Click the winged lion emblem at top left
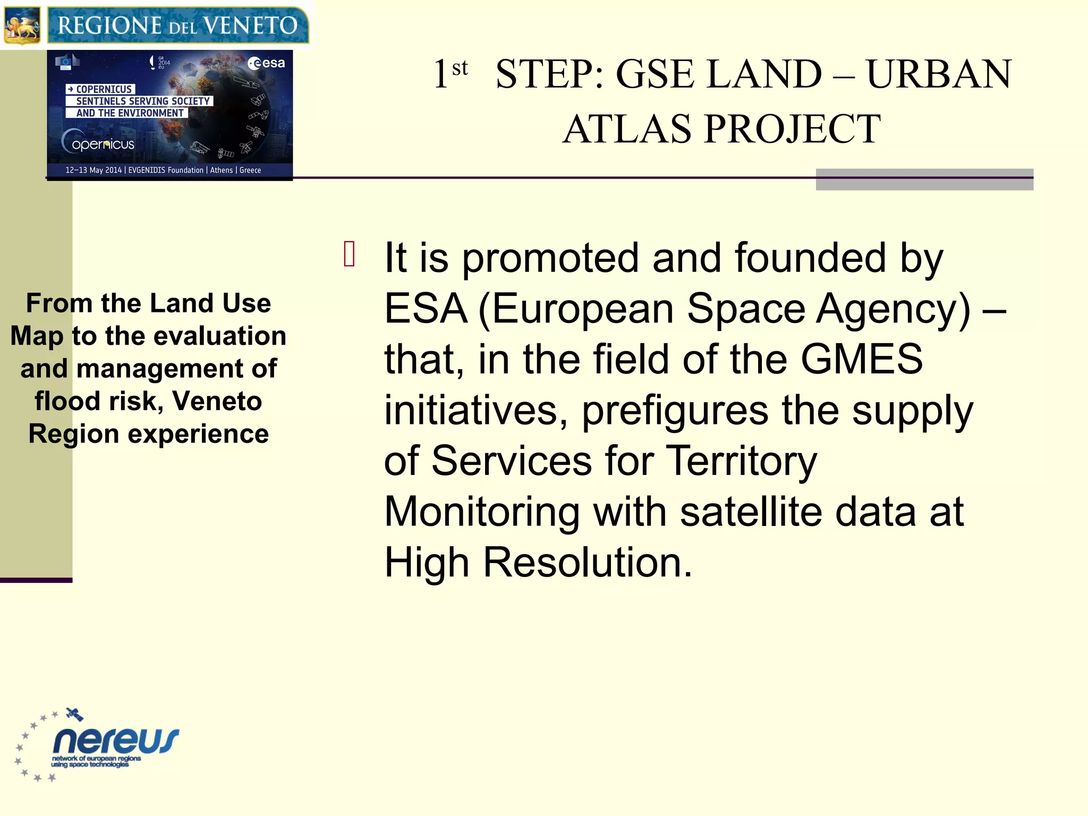tap(22, 25)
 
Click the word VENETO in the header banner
tap(250, 25)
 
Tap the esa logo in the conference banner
tap(266, 63)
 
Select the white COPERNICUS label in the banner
tap(101, 89)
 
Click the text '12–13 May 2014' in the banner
tap(93, 170)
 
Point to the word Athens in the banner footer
tap(221, 170)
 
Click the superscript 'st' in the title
tap(460, 68)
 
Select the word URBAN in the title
tap(939, 74)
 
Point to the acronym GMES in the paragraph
tap(861, 359)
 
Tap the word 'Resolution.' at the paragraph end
tap(588, 563)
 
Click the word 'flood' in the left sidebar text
tap(67, 401)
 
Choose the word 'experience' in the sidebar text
tap(198, 434)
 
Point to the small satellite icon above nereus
tap(74, 715)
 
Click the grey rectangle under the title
tap(924, 180)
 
